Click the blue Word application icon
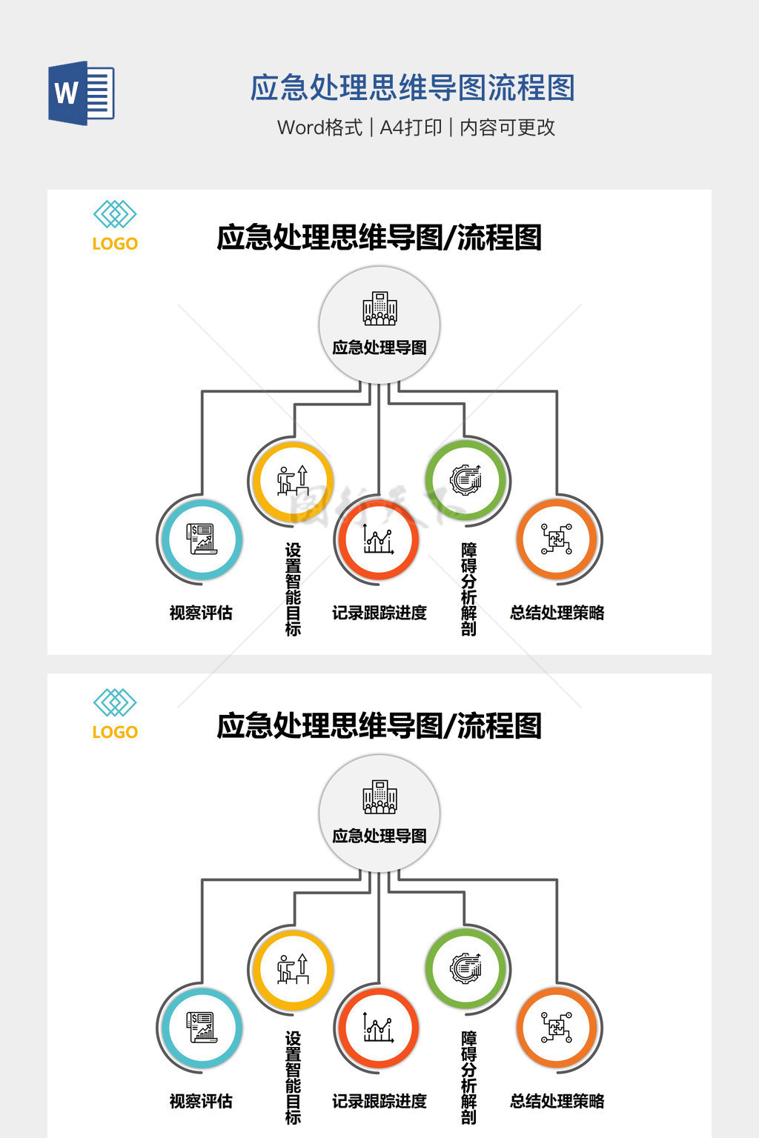click(x=81, y=93)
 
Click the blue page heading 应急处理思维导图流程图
click(x=412, y=88)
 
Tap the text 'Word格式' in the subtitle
click(x=319, y=127)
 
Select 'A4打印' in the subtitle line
click(x=411, y=127)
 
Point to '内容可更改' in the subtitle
click(x=507, y=127)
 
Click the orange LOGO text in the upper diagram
click(x=115, y=244)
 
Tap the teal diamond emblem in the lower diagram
click(x=115, y=702)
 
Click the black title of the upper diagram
click(x=379, y=238)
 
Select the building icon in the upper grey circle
click(x=379, y=309)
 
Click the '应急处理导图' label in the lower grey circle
click(x=379, y=836)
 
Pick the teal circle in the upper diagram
click(x=202, y=539)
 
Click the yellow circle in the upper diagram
click(x=292, y=481)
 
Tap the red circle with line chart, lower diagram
click(x=378, y=1028)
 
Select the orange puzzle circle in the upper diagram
click(x=557, y=539)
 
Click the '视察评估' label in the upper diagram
click(x=201, y=613)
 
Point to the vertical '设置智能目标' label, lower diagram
click(x=293, y=1077)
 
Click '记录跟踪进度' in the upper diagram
click(x=379, y=613)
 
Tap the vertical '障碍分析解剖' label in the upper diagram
click(x=468, y=589)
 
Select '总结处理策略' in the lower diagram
click(x=557, y=1101)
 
